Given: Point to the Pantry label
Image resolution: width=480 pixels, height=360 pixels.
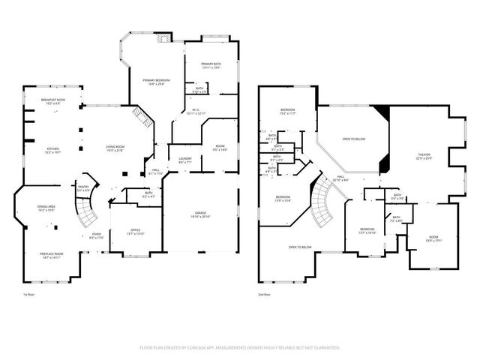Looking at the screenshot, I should click(x=83, y=189).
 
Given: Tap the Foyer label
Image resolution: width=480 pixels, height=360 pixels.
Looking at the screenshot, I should click(x=97, y=235).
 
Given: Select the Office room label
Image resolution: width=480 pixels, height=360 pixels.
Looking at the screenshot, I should click(x=134, y=232).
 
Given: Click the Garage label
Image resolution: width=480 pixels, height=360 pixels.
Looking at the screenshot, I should click(x=199, y=214).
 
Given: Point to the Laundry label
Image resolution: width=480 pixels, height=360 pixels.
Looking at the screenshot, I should click(x=185, y=159).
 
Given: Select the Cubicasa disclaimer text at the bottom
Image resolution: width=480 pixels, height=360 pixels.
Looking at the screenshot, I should click(x=240, y=348).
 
